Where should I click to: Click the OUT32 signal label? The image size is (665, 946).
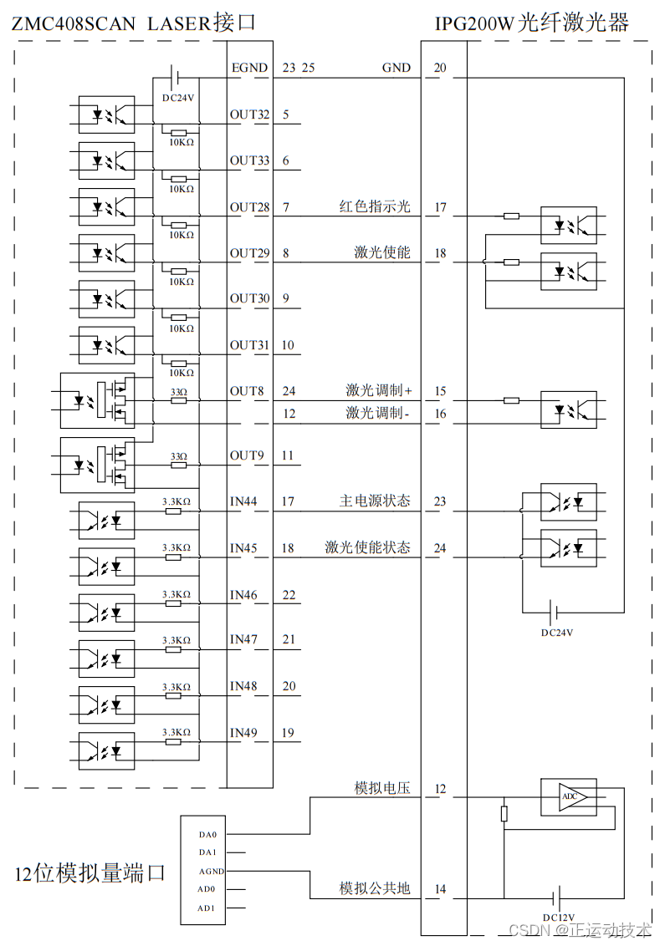click(x=249, y=114)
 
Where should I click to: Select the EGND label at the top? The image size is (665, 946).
click(x=249, y=69)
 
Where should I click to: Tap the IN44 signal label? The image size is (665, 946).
click(x=243, y=501)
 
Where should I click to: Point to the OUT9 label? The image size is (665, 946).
click(x=246, y=455)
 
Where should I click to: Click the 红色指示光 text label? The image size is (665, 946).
click(x=375, y=206)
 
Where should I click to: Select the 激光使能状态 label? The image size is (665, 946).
click(x=367, y=548)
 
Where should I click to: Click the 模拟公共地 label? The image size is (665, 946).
click(x=374, y=888)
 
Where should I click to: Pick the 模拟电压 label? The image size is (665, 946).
click(x=382, y=788)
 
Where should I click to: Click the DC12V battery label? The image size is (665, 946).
click(x=558, y=918)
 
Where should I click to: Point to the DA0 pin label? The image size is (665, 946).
click(x=207, y=834)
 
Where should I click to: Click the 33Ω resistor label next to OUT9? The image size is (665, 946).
click(x=178, y=456)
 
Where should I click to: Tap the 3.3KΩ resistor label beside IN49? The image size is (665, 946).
click(x=176, y=732)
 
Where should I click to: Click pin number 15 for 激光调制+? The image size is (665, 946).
click(x=440, y=391)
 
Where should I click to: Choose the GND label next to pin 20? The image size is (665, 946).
click(x=396, y=69)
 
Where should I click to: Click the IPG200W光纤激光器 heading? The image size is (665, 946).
click(x=531, y=23)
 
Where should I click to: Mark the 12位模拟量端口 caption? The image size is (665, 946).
click(x=90, y=874)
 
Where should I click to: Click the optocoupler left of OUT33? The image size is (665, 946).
click(x=106, y=159)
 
